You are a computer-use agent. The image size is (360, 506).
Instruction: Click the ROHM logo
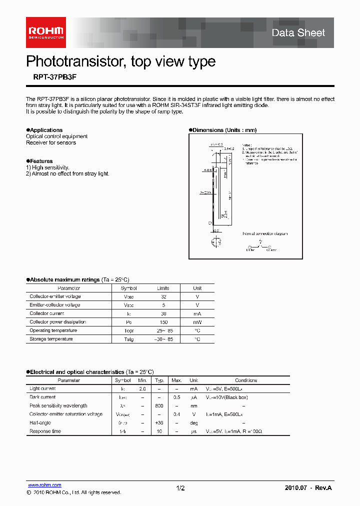[45, 32]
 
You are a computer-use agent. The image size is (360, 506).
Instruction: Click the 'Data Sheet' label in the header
[298, 33]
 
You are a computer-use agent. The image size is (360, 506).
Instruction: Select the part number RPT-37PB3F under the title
[51, 77]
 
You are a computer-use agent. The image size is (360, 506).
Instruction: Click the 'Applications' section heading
[46, 130]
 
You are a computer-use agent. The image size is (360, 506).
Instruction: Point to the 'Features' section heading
[41, 161]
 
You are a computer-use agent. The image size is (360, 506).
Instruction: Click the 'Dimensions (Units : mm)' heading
[224, 130]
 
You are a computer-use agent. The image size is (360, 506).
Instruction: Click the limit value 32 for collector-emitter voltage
[163, 296]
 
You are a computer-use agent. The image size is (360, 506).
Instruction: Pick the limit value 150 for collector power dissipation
[163, 322]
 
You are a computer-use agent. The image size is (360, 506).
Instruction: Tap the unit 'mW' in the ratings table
[197, 322]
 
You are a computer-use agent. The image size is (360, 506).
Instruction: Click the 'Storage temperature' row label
[51, 339]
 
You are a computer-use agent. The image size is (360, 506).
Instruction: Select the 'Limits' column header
[163, 288]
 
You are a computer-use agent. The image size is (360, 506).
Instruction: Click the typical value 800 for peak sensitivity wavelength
[159, 406]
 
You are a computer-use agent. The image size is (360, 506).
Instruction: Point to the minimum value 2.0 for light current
[142, 389]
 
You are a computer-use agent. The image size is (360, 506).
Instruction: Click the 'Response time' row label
[45, 431]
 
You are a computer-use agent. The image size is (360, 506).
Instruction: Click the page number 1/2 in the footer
[180, 488]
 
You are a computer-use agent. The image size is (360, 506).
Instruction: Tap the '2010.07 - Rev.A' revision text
[308, 487]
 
